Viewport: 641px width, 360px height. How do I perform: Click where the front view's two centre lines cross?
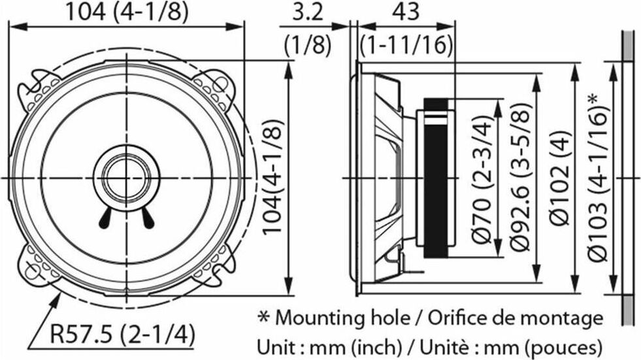tap(126, 178)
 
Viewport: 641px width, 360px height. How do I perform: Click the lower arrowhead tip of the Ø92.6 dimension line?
tap(536, 282)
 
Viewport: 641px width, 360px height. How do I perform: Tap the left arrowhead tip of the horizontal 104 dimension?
tap(9, 27)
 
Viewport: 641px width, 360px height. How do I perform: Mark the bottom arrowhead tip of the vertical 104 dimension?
tap(289, 294)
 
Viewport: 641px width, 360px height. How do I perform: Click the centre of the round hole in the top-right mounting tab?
tap(221, 84)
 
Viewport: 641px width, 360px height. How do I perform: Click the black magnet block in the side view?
tap(435, 178)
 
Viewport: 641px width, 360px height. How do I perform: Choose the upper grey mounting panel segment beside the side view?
tap(627, 46)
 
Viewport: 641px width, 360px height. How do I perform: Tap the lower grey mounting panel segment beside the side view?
tap(627, 310)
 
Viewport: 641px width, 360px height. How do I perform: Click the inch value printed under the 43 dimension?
tap(406, 44)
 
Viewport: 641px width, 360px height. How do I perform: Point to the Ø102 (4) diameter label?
tap(559, 178)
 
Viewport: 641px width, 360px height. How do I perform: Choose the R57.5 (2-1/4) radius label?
tap(122, 335)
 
